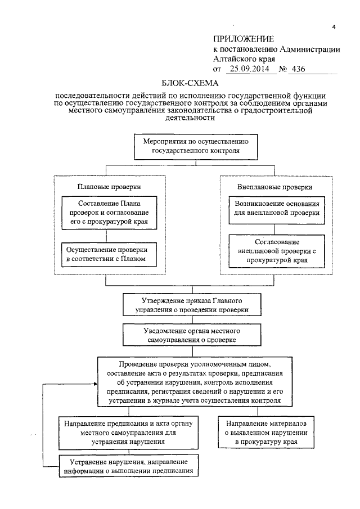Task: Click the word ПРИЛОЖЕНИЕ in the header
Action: (243, 39)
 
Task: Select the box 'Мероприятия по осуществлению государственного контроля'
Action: (195, 146)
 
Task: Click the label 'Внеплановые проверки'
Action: (274, 186)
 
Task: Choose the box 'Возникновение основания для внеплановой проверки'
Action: (274, 208)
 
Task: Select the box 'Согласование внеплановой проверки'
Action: (274, 251)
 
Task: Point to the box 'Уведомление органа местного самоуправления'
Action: (195, 335)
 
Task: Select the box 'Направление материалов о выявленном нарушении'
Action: (266, 432)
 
